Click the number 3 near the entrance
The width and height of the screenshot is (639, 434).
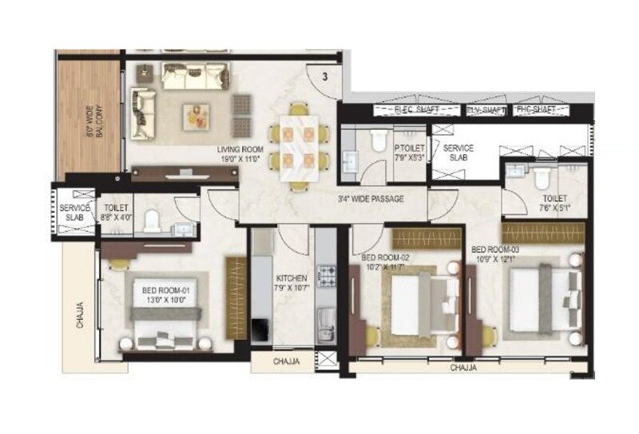325,77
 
